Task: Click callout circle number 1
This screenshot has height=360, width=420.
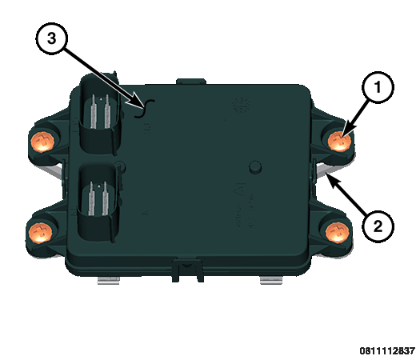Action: (378, 87)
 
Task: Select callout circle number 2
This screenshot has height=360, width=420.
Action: (378, 226)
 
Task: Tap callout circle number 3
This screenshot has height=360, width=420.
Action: (51, 38)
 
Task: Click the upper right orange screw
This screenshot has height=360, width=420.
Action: (339, 141)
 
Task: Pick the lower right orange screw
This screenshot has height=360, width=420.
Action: (338, 233)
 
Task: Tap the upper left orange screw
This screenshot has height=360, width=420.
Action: (42, 142)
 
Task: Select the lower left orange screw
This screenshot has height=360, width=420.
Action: (40, 233)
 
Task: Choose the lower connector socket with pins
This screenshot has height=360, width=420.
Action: (98, 202)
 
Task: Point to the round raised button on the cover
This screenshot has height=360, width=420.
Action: (254, 167)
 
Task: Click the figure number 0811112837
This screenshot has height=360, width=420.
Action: (387, 350)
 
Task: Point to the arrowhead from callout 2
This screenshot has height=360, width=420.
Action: (332, 180)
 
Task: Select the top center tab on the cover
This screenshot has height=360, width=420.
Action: (191, 82)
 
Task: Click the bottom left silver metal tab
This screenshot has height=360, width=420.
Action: (108, 281)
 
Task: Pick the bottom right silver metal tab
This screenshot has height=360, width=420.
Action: (271, 281)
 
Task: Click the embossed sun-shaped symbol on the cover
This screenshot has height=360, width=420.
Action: (241, 106)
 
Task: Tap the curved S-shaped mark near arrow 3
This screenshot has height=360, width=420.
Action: (145, 109)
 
